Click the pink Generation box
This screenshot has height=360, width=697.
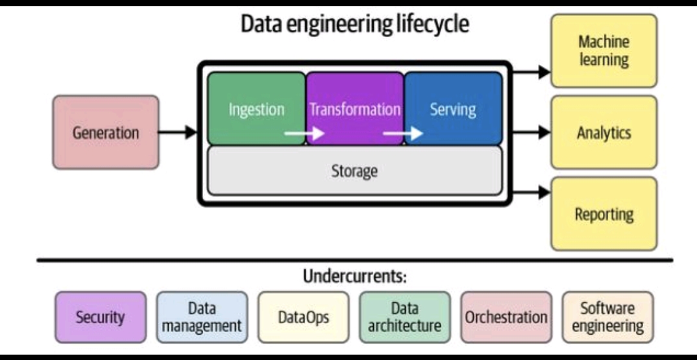pyautogui.click(x=106, y=133)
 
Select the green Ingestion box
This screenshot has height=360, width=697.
pyautogui.click(x=256, y=108)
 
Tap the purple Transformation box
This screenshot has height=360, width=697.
pyautogui.click(x=355, y=108)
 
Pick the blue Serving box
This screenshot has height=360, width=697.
pyautogui.click(x=453, y=108)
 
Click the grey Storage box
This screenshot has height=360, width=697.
pyautogui.click(x=354, y=171)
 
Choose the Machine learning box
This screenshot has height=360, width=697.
pyautogui.click(x=604, y=51)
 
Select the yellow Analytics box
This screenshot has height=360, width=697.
pyautogui.click(x=604, y=132)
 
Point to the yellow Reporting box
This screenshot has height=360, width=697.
pyautogui.click(x=604, y=213)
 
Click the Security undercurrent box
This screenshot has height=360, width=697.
pyautogui.click(x=100, y=317)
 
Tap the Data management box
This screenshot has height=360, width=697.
pyautogui.click(x=202, y=317)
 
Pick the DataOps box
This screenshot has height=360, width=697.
pyautogui.click(x=303, y=317)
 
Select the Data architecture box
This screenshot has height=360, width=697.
pyautogui.click(x=404, y=317)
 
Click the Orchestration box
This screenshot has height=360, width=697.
pyautogui.click(x=506, y=317)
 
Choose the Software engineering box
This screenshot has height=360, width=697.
pyautogui.click(x=607, y=317)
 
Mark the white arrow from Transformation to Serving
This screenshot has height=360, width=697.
pyautogui.click(x=403, y=134)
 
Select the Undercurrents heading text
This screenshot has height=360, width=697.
pyautogui.click(x=354, y=276)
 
